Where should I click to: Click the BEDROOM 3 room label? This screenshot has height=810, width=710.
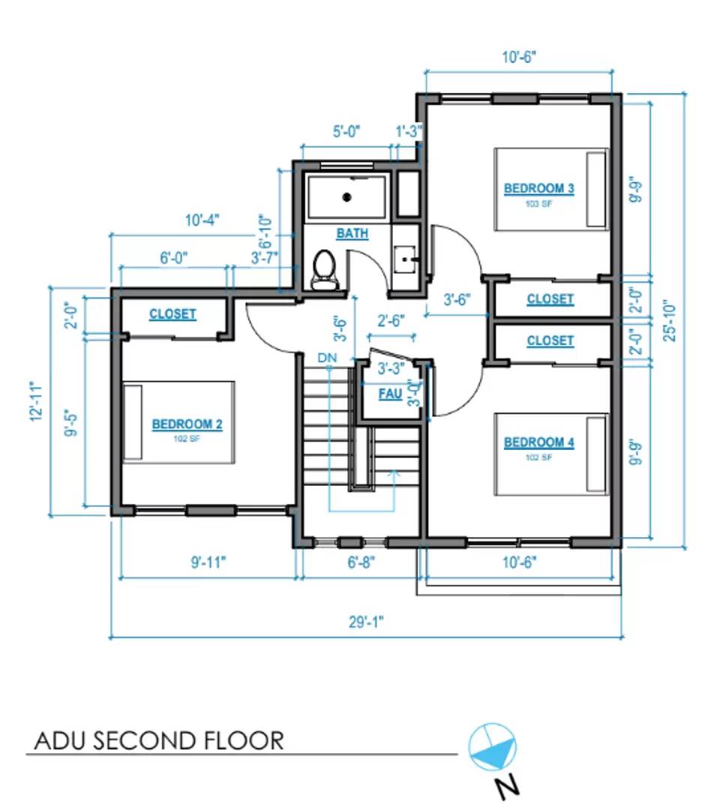pos(539,188)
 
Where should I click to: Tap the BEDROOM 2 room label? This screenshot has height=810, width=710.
pos(187,424)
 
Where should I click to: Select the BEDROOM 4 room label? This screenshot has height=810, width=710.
pos(539,442)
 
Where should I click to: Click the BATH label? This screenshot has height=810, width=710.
pos(352,233)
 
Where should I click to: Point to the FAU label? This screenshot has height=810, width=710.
pos(389,394)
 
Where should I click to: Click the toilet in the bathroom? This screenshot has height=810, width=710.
pos(325,270)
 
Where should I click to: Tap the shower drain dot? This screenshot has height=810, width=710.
pos(346,197)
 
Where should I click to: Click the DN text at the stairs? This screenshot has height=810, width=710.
pos(327,358)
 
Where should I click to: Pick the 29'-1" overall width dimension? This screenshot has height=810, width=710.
pos(367,622)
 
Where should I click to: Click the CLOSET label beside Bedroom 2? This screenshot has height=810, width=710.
pos(172,314)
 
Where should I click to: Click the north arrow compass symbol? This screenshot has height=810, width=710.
pos(493,746)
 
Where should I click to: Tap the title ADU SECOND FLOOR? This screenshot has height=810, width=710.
pos(160,741)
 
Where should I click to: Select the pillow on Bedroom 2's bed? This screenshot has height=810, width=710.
pos(133,423)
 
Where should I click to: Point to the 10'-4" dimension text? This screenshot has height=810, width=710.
pos(202,220)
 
